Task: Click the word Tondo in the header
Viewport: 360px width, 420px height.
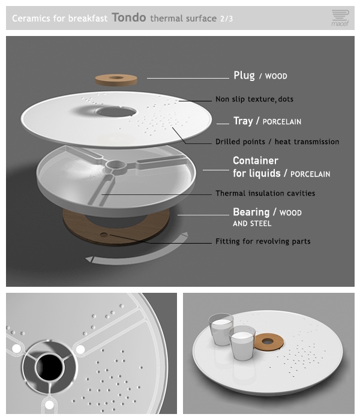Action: pyautogui.click(x=129, y=17)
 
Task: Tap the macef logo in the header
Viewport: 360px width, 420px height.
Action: pyautogui.click(x=340, y=18)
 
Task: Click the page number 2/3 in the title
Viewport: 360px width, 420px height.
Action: pyautogui.click(x=227, y=19)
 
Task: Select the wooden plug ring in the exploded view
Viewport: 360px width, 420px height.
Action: pyautogui.click(x=116, y=80)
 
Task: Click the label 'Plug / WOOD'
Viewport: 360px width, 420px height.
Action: pyautogui.click(x=260, y=76)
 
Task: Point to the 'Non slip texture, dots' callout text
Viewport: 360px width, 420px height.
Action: pyautogui.click(x=254, y=99)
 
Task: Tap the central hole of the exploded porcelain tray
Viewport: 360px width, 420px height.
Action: pyautogui.click(x=116, y=112)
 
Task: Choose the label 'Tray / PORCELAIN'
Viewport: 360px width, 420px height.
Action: pyautogui.click(x=267, y=121)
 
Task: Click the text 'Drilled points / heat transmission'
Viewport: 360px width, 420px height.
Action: pyautogui.click(x=277, y=142)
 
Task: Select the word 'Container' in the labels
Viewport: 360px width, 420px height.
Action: pyautogui.click(x=256, y=160)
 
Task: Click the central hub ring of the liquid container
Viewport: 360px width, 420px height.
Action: pyautogui.click(x=116, y=167)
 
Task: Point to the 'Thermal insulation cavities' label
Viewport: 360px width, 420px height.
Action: pyautogui.click(x=265, y=193)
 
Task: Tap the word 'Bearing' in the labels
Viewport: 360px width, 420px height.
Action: pyautogui.click(x=251, y=212)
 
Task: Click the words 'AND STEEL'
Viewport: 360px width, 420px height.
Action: pyautogui.click(x=252, y=223)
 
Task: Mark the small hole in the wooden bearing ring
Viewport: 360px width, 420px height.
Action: pyautogui.click(x=104, y=235)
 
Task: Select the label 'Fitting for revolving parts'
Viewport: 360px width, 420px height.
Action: pyautogui.click(x=263, y=241)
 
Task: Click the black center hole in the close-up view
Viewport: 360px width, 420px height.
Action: pyautogui.click(x=49, y=367)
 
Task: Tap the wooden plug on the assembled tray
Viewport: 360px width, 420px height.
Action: pyautogui.click(x=268, y=342)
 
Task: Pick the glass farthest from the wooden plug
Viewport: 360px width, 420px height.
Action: pyautogui.click(x=220, y=329)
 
